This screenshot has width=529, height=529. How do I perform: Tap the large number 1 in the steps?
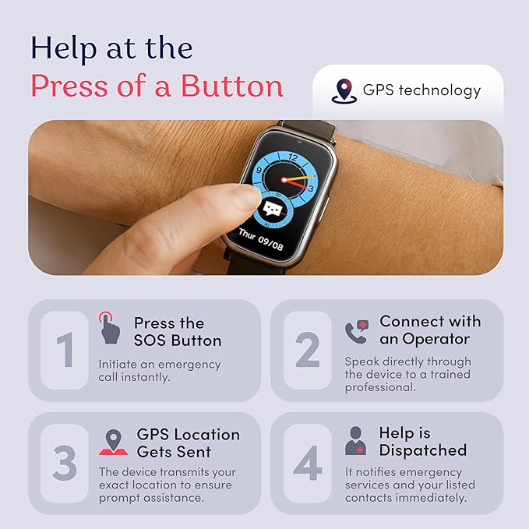pyautogui.click(x=65, y=351)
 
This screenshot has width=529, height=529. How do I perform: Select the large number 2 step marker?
pyautogui.click(x=307, y=351)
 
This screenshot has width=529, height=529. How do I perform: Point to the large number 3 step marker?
pyautogui.click(x=65, y=464)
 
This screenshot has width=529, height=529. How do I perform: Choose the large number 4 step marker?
pyautogui.click(x=307, y=464)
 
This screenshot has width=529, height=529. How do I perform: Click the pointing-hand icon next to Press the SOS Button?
pyautogui.click(x=110, y=328)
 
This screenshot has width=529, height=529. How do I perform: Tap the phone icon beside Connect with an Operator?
pyautogui.click(x=356, y=331)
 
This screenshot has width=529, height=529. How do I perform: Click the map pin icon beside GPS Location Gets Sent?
pyautogui.click(x=114, y=442)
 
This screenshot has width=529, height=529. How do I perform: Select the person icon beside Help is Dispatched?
pyautogui.click(x=356, y=441)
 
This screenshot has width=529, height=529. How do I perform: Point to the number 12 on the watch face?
pyautogui.click(x=292, y=157)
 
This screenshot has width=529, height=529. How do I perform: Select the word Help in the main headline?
pyautogui.click(x=63, y=48)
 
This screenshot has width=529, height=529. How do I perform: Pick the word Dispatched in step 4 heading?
pyautogui.click(x=422, y=450)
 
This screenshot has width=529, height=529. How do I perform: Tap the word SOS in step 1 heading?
pyautogui.click(x=151, y=340)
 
